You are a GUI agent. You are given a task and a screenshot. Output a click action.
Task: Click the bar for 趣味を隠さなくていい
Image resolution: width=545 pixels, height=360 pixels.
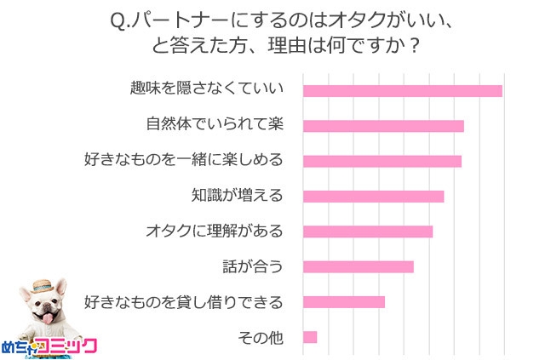402,91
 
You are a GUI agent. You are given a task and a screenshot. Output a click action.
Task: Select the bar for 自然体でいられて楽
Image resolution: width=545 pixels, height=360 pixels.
383,126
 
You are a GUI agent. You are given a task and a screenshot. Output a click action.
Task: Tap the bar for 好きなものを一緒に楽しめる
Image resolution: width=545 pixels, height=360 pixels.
381,161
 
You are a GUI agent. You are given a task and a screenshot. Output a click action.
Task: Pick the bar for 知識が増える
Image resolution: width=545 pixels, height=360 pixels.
373,197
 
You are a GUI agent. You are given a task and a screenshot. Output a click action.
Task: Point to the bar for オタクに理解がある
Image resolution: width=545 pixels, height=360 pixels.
368,231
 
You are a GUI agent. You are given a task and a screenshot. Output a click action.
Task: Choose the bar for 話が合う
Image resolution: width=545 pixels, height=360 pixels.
358,266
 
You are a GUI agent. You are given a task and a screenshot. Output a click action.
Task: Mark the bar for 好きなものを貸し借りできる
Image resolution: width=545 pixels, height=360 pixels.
344,302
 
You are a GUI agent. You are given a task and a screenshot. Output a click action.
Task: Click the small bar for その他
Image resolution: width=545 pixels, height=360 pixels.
310,337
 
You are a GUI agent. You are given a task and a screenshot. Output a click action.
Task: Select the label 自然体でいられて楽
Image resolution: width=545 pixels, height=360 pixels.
215,125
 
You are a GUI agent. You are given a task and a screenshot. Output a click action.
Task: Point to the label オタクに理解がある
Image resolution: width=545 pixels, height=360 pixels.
214,231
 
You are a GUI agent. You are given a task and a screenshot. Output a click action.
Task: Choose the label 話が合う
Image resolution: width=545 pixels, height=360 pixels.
251,266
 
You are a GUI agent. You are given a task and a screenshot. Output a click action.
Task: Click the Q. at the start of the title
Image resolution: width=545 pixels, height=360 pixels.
120,19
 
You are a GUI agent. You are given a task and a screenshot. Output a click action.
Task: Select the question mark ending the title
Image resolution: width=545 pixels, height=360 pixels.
414,44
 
